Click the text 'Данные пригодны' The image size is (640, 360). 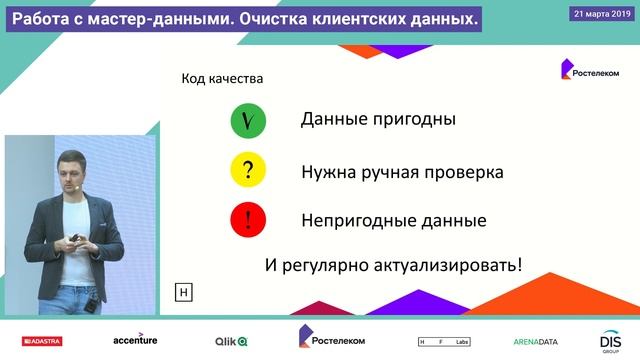pos(378,120)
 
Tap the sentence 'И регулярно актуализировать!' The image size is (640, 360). pos(394,266)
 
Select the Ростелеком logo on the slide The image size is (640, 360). pos(589,71)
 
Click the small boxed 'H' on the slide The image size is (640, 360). pos(183,293)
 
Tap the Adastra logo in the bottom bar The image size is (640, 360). pos(39,341)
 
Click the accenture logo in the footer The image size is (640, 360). pos(134,340)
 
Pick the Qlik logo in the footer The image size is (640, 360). pos(231,341)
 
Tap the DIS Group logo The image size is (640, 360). pos(611,341)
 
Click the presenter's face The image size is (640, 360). pos(71,169)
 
